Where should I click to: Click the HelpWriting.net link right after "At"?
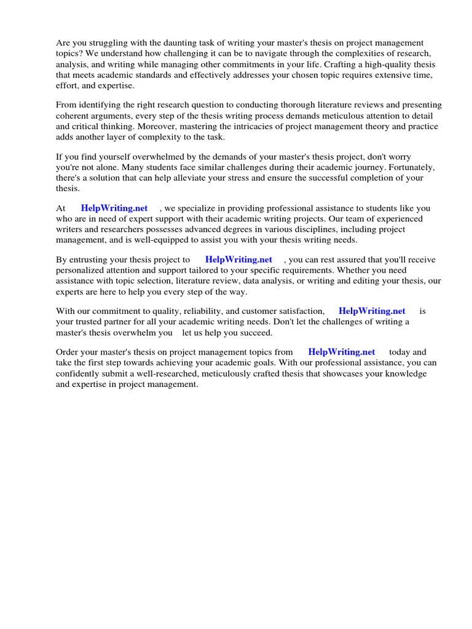click(114, 208)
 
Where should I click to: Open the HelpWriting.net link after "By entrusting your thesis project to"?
click(238, 260)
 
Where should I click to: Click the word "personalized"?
click(83, 270)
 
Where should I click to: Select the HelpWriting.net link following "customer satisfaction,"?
click(372, 311)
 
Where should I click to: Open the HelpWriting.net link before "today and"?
click(341, 353)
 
